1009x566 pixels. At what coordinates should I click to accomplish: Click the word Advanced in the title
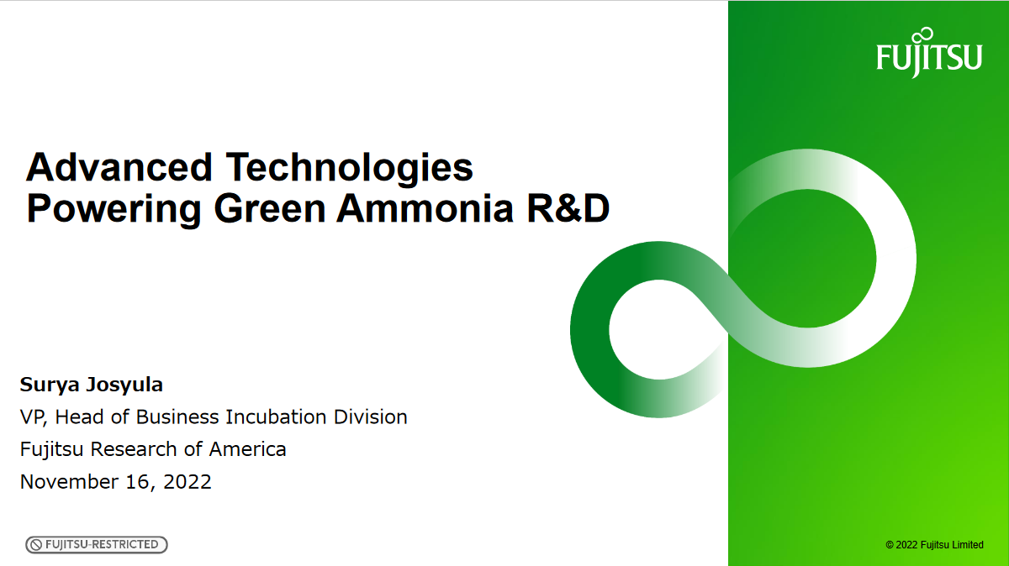(119, 167)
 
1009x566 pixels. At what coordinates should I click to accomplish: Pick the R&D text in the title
(565, 209)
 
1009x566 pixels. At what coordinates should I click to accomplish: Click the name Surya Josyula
(92, 385)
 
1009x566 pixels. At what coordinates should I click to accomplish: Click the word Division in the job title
(371, 417)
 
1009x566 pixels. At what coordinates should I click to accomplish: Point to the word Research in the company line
(135, 449)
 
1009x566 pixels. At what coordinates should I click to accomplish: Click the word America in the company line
(247, 449)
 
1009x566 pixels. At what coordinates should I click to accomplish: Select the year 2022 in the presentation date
(188, 482)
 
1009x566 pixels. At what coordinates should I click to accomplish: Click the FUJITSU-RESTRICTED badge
(97, 545)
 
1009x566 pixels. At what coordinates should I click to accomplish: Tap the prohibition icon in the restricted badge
(36, 545)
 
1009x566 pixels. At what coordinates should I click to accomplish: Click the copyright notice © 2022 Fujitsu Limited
(934, 545)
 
